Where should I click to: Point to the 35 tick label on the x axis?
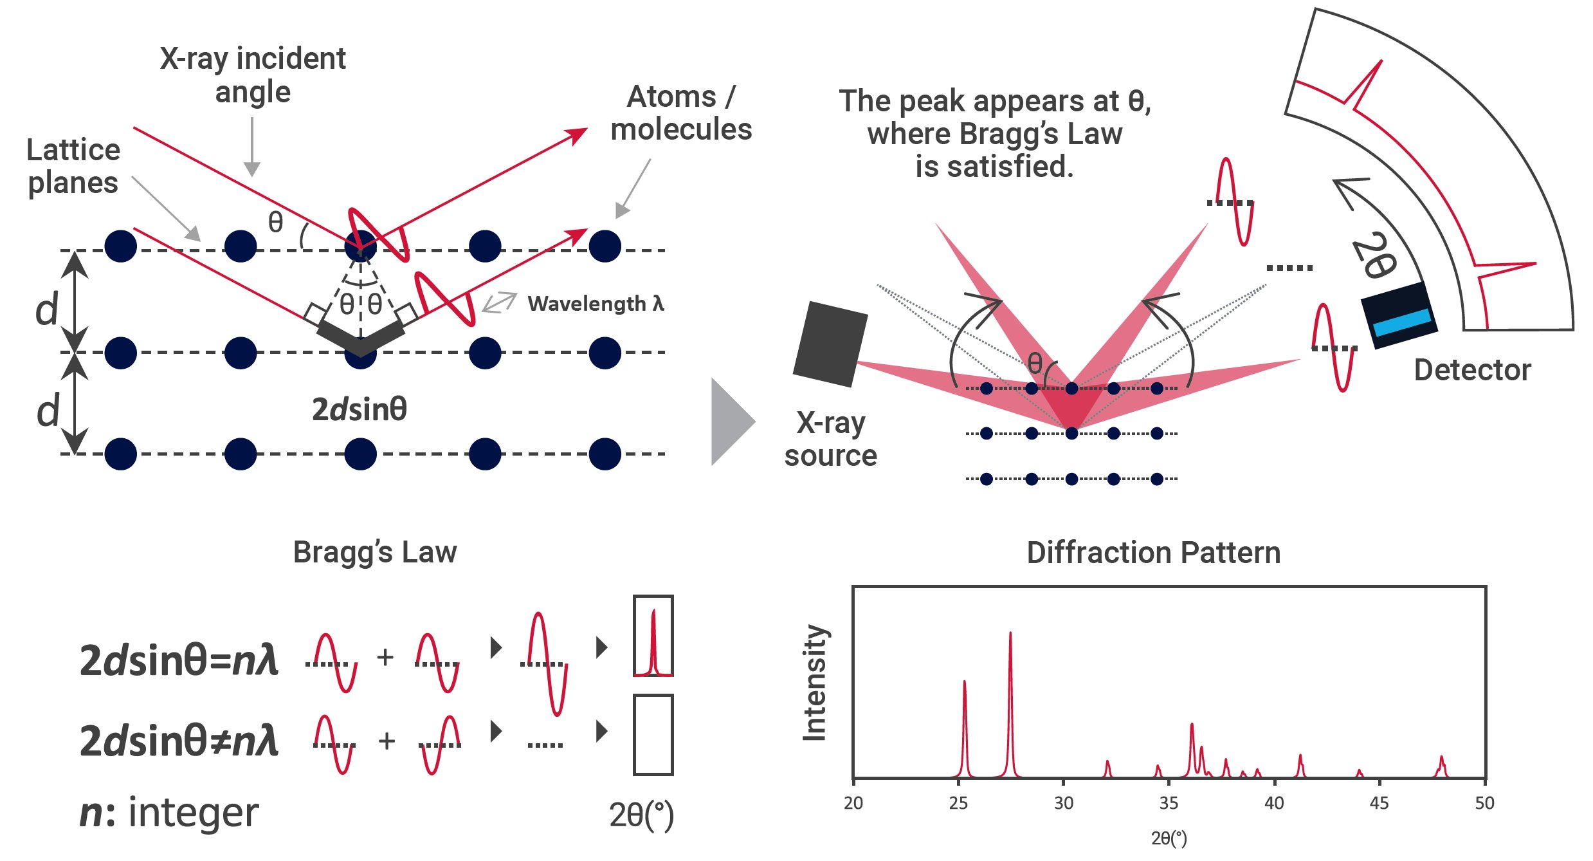[x=1169, y=803]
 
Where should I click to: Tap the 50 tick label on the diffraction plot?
[x=1484, y=803]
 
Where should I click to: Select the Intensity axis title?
[x=815, y=683]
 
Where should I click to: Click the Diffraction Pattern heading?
[x=1153, y=553]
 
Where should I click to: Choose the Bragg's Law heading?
[x=375, y=552]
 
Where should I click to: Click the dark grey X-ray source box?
[x=830, y=344]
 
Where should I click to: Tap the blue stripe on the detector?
[x=1402, y=322]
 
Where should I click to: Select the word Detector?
[x=1472, y=370]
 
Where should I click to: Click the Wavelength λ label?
[x=596, y=304]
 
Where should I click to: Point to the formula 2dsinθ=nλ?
[x=179, y=660]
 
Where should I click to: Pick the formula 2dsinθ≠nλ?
[x=179, y=741]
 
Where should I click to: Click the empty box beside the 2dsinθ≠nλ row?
[x=653, y=735]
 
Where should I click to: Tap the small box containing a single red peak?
[x=653, y=636]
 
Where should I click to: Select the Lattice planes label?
[x=73, y=166]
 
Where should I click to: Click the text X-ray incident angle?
[x=253, y=75]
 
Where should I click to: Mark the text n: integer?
[x=168, y=812]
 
